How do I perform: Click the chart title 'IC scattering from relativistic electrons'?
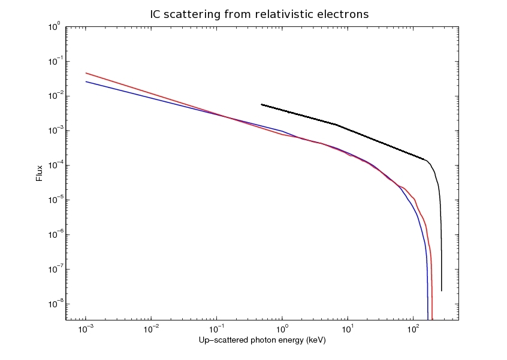pos(259,14)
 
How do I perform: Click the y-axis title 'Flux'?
pos(40,173)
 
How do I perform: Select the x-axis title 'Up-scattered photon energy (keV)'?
pos(261,340)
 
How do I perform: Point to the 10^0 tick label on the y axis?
pos(55,28)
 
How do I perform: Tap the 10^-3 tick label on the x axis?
pos(86,329)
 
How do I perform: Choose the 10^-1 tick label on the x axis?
pos(217,329)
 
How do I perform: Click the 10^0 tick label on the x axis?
pos(282,329)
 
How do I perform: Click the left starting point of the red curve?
pos(86,73)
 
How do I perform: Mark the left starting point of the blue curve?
pos(86,81)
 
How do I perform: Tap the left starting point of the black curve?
pos(261,104)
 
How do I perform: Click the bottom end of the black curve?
pos(442,291)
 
